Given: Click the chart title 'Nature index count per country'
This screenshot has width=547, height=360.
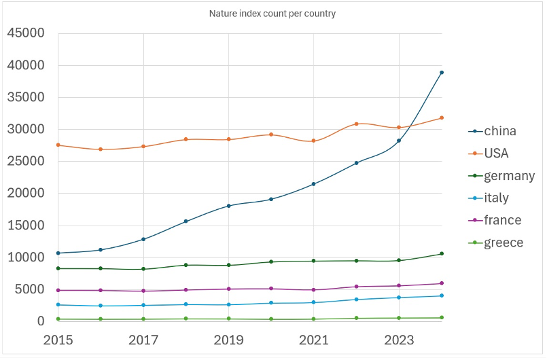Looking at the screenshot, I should click(272, 14).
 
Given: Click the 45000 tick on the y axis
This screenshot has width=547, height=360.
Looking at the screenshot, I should click(25, 33).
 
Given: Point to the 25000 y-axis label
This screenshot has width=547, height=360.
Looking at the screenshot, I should click(25, 161).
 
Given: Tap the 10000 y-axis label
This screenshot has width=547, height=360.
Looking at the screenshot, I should click(25, 257).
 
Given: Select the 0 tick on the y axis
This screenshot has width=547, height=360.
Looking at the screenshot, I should click(40, 321).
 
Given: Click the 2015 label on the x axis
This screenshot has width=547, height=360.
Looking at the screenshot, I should click(58, 339).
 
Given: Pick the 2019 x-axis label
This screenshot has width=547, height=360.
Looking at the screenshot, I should click(228, 339).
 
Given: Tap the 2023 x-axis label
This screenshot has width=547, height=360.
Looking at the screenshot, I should click(399, 339).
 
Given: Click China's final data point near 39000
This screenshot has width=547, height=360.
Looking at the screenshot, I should click(442, 72).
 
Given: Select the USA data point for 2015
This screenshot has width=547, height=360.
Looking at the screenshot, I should click(58, 145).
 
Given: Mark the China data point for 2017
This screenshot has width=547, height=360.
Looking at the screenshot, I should click(143, 239).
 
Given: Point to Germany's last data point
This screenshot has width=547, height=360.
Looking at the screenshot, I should click(442, 253).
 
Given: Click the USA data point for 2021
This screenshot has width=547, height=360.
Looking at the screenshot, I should click(313, 141).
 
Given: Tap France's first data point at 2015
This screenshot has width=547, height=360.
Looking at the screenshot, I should click(58, 290).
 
